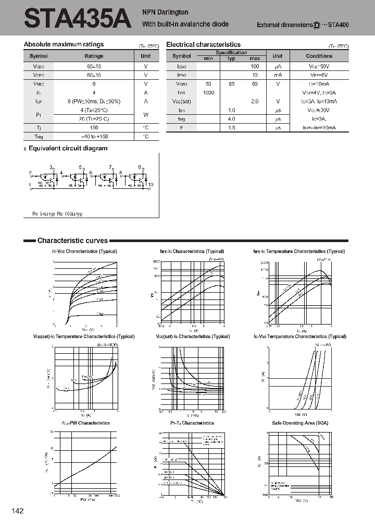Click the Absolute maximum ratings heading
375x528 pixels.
click(x=64, y=44)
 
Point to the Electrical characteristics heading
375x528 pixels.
click(x=203, y=45)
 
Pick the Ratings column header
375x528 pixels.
click(x=94, y=56)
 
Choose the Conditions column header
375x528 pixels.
click(x=319, y=56)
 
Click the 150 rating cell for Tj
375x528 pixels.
click(x=94, y=127)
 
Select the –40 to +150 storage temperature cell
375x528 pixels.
click(x=94, y=136)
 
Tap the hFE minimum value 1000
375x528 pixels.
click(x=208, y=92)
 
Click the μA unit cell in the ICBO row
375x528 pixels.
click(x=278, y=66)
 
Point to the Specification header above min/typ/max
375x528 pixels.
click(x=231, y=53)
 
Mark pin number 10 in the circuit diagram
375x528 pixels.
click(x=151, y=185)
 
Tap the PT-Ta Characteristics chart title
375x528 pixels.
click(x=192, y=423)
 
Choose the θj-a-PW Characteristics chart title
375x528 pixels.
click(x=86, y=423)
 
